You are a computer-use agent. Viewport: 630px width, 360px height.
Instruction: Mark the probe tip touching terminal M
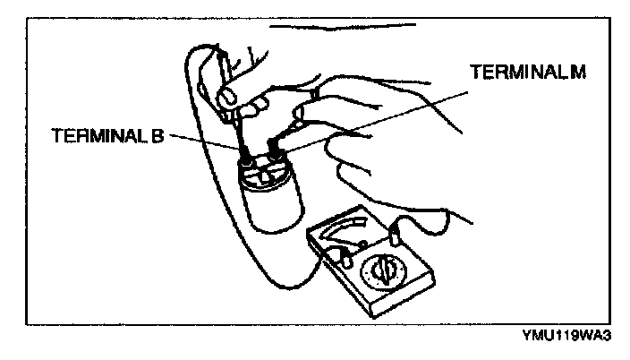coord(272,142)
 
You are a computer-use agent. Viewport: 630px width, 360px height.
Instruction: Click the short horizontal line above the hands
coord(313,28)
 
